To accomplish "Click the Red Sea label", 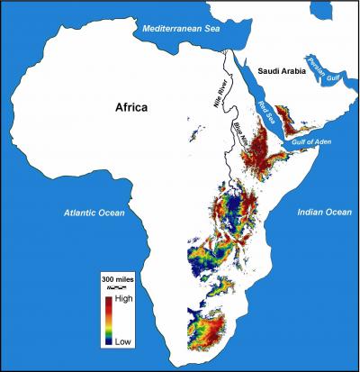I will pos(266,114).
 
